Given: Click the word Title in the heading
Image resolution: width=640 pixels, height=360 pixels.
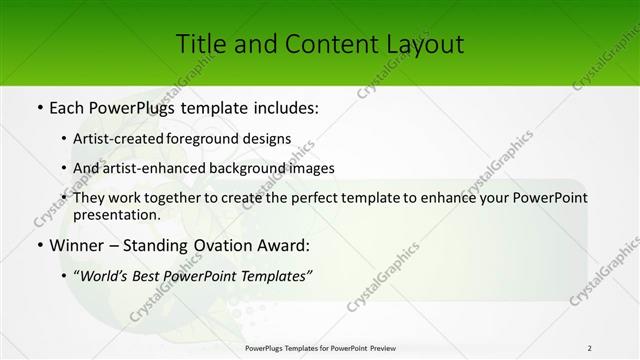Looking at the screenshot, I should pyautogui.click(x=198, y=44).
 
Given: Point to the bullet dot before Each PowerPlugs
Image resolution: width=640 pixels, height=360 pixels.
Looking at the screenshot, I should pyautogui.click(x=38, y=106).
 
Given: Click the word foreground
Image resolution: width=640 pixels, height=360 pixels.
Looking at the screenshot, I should pyautogui.click(x=217, y=138).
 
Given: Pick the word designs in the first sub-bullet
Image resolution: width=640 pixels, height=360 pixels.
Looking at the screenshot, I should pyautogui.click(x=271, y=138).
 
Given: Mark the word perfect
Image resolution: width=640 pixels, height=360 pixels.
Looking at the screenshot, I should pyautogui.click(x=296, y=198).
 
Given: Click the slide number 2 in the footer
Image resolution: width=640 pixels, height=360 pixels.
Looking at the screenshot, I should pyautogui.click(x=590, y=347).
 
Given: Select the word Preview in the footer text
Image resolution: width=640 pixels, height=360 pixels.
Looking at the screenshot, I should pyautogui.click(x=387, y=347).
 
